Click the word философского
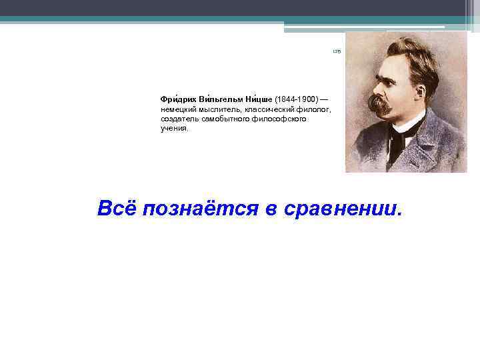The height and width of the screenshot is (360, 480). coord(280,119)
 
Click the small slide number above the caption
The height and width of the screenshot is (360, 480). coord(336,51)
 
